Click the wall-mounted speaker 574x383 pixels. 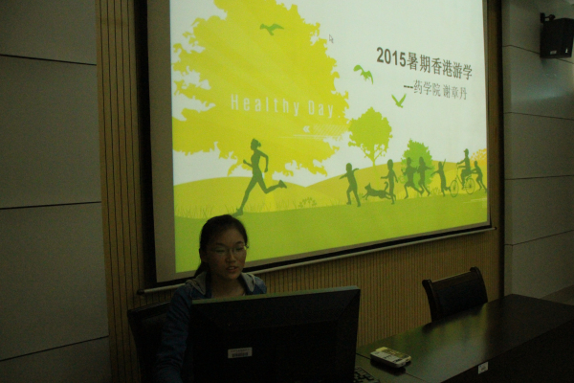(556, 36)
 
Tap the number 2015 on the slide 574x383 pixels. (391, 56)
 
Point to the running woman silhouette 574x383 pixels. (256, 174)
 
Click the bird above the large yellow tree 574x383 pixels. (272, 29)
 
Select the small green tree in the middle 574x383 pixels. (370, 133)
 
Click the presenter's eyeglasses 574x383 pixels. (228, 250)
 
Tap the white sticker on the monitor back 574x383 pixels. (239, 352)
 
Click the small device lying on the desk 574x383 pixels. (390, 357)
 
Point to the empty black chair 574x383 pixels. (455, 292)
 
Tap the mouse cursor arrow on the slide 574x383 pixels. (331, 39)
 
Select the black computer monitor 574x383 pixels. (274, 335)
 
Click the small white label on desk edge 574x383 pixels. (483, 367)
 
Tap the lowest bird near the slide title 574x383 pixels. (398, 100)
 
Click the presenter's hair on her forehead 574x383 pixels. (222, 230)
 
